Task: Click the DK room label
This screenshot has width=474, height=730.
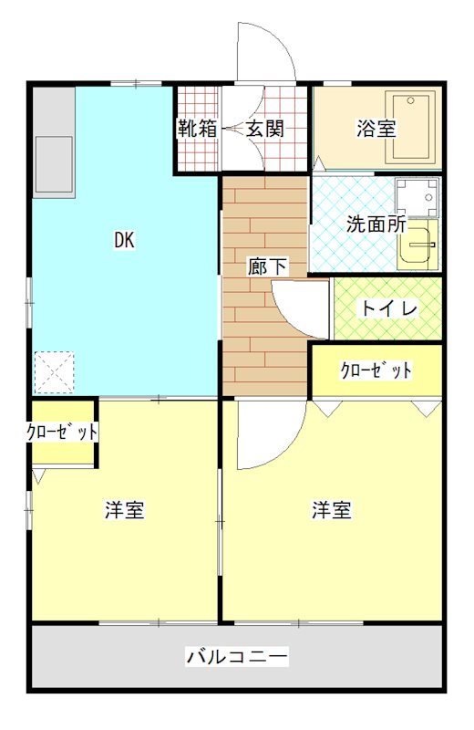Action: coord(124,241)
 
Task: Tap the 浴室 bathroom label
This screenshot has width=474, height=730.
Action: coord(376,129)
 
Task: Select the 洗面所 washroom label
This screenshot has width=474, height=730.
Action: coord(376,224)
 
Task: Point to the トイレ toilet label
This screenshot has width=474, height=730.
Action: coord(389,308)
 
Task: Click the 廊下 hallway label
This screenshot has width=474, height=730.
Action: coord(267,267)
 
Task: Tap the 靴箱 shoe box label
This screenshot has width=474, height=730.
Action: coord(198,129)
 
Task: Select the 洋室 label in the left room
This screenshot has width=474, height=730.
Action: coord(124,510)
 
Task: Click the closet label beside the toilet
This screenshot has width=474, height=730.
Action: coord(376,370)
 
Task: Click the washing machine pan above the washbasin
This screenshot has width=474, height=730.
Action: coord(417,195)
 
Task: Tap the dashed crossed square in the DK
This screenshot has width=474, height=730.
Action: coord(52,372)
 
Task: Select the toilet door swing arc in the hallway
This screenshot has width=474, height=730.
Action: coord(297,310)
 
